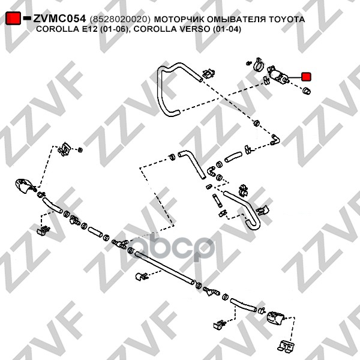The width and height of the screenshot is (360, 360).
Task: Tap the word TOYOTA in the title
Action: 285,20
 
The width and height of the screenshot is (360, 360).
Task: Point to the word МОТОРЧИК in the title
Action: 182,20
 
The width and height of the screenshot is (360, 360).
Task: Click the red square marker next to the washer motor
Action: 306,76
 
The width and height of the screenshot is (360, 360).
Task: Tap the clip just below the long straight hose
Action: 142,277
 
